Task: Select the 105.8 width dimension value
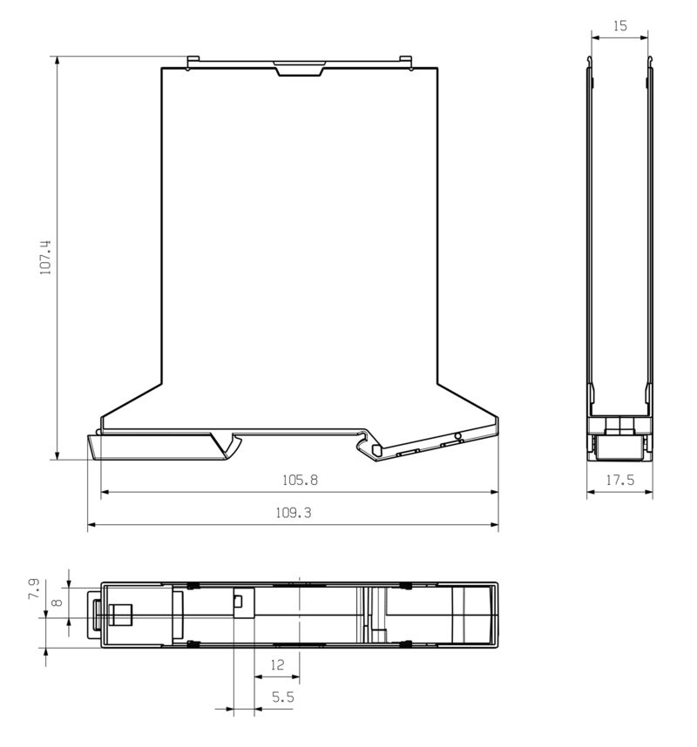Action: point(300,480)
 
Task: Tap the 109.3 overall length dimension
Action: point(294,513)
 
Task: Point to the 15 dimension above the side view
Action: point(619,26)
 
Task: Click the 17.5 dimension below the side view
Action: point(619,480)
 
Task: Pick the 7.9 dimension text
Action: point(33,589)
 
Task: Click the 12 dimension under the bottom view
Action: point(277,665)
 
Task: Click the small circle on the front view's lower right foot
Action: point(457,434)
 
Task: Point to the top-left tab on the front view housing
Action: point(193,62)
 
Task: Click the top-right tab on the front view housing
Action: point(405,62)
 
